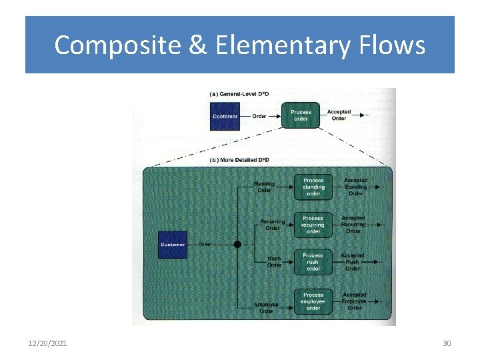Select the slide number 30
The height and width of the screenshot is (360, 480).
[447, 343]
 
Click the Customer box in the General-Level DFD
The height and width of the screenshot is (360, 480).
[225, 116]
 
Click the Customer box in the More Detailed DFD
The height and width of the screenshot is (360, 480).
[172, 245]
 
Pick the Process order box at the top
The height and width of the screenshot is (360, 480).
[301, 115]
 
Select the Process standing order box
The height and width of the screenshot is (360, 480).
[313, 187]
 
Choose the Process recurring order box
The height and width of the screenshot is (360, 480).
[313, 225]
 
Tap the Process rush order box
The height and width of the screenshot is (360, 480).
[313, 262]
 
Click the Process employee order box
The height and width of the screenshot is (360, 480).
[313, 301]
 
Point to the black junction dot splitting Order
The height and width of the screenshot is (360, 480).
[237, 245]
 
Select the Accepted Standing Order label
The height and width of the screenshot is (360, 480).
[355, 187]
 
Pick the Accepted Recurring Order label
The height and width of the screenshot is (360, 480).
[353, 225]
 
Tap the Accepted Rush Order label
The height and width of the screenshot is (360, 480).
[353, 262]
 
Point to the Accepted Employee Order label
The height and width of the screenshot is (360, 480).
[355, 301]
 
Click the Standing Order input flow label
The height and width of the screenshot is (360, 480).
[264, 187]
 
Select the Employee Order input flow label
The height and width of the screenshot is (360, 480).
[266, 308]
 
